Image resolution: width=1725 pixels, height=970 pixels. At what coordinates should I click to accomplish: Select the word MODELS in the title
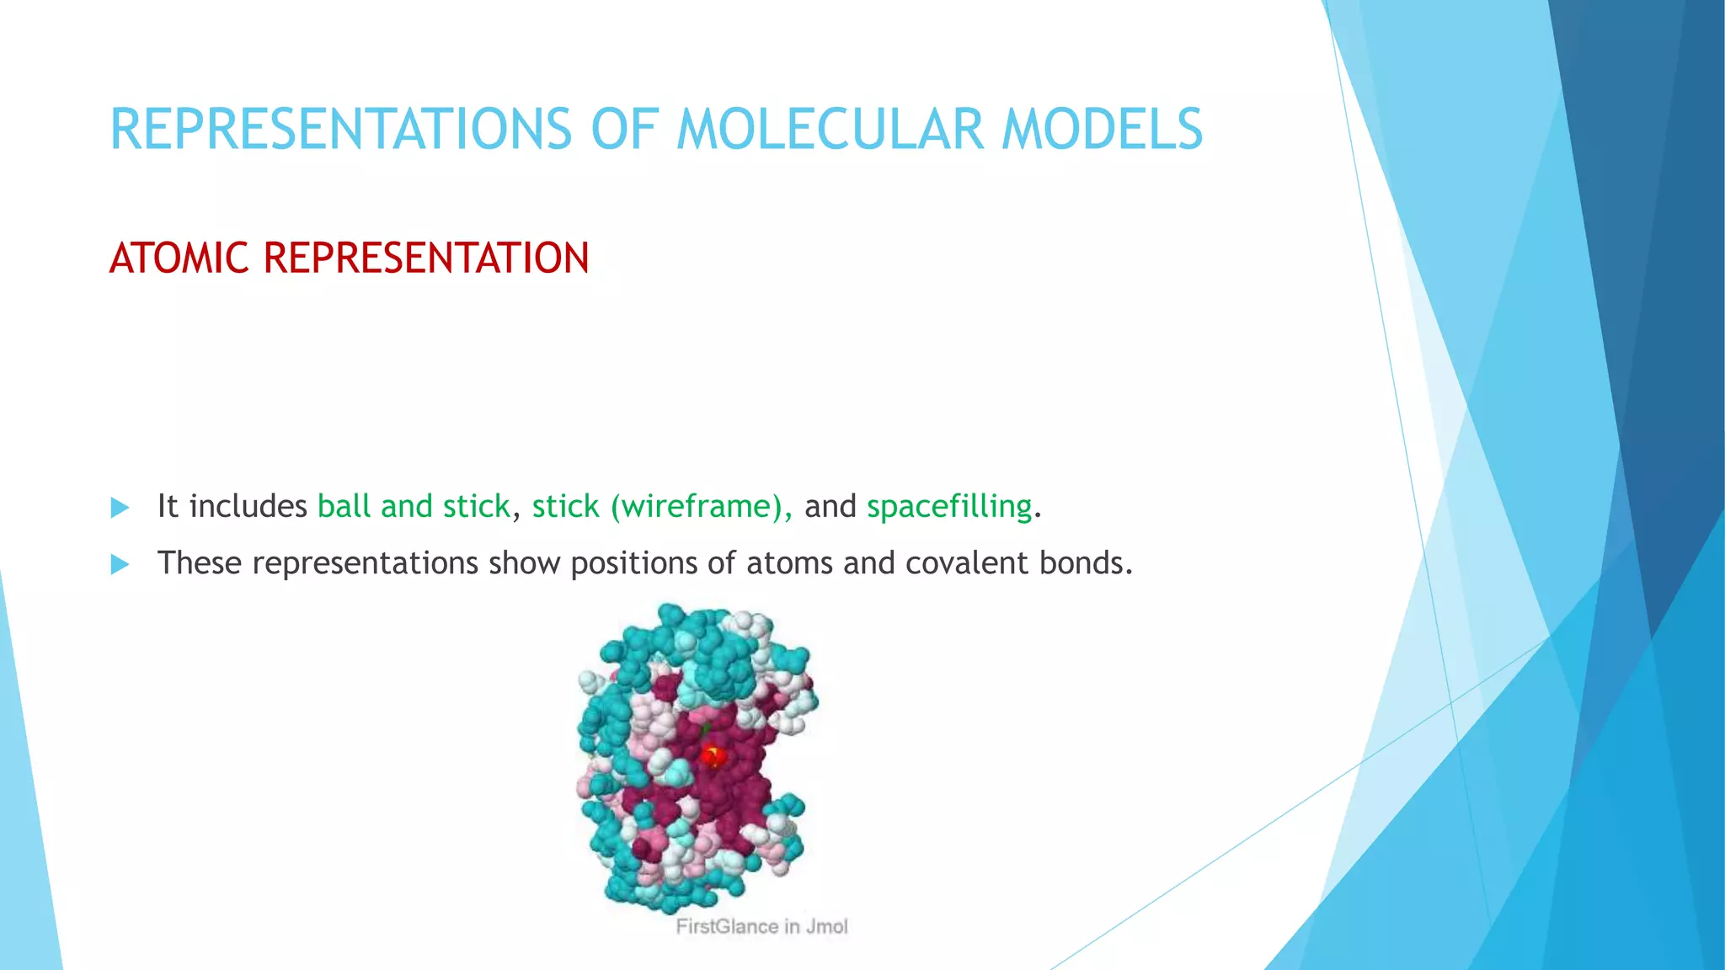point(1102,131)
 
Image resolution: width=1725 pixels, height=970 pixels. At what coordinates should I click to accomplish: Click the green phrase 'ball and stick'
point(414,507)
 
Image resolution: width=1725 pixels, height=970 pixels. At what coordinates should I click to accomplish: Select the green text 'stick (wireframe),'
point(661,507)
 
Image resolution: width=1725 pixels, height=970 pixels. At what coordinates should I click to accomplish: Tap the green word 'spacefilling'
point(949,507)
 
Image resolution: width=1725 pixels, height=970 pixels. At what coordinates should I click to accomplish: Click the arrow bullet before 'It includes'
point(120,508)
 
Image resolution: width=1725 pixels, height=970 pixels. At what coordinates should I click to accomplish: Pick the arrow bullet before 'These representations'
point(120,564)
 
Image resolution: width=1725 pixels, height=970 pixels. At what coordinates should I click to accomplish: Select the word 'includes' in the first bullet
point(248,507)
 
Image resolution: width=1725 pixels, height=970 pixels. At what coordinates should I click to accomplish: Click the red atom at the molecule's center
point(713,755)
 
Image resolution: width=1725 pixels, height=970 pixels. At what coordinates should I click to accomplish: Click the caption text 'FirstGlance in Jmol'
point(761,927)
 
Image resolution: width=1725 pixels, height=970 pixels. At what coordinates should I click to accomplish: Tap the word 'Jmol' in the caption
point(826,927)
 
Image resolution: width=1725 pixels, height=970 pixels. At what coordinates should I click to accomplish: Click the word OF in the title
point(624,131)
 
